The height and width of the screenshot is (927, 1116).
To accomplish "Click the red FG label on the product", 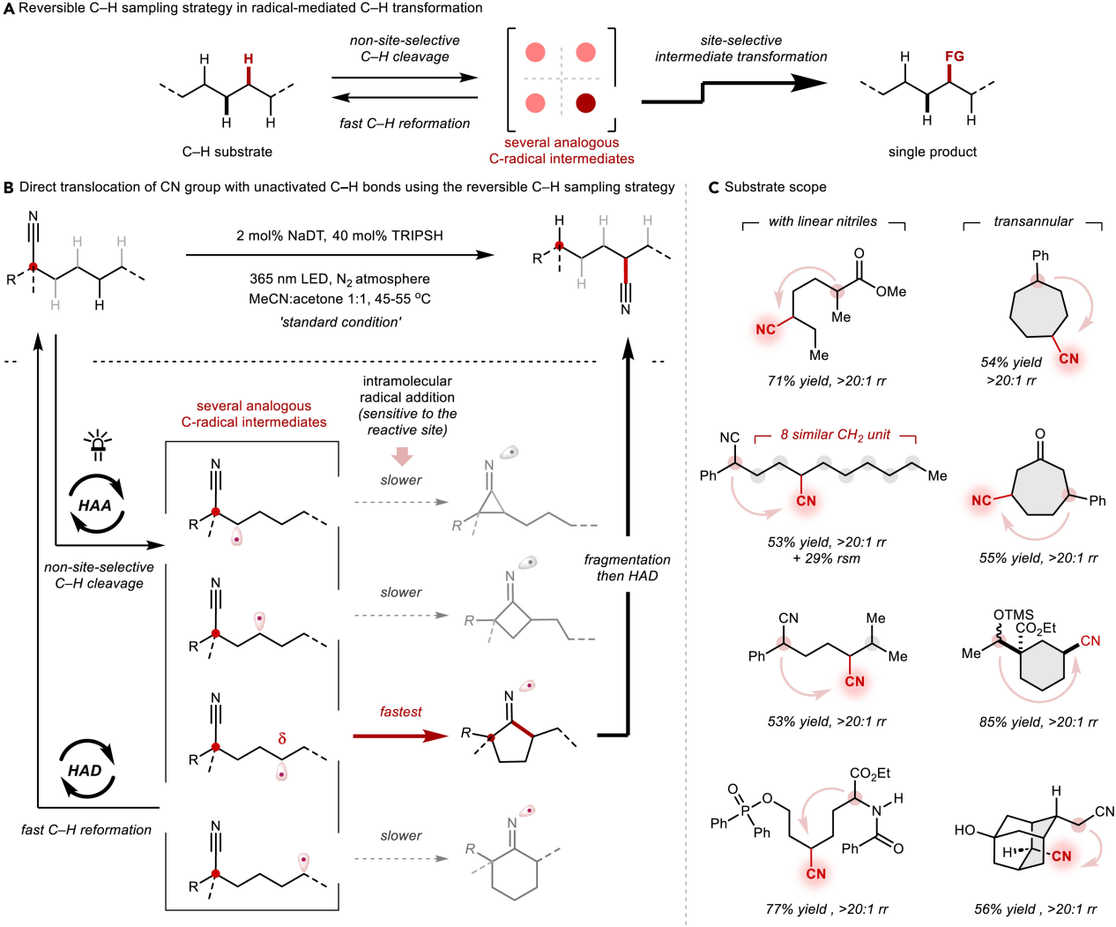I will click(x=955, y=56).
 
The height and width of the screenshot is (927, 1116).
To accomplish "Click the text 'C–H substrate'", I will click(x=227, y=152).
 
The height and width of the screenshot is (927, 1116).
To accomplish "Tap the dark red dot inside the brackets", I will click(x=585, y=103).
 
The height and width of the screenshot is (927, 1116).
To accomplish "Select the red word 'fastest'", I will click(x=400, y=712).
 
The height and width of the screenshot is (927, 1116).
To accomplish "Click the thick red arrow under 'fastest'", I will click(x=401, y=735).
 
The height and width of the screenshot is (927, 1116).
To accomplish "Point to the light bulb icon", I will click(x=97, y=446).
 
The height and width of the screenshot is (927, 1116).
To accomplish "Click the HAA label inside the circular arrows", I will click(x=95, y=505).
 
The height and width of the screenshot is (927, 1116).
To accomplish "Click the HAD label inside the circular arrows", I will click(x=85, y=770).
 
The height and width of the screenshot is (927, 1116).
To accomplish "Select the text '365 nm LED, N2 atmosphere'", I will click(x=339, y=279).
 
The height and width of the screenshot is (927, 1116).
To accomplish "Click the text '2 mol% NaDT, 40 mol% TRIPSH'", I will click(x=339, y=235).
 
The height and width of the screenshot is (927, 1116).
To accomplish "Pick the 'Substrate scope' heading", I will click(x=775, y=187).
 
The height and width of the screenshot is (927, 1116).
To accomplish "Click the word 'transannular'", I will click(x=1033, y=221).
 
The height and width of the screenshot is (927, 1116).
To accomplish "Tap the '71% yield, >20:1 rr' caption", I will click(x=826, y=381).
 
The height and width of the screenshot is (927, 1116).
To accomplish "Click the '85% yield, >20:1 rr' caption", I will click(x=1038, y=721).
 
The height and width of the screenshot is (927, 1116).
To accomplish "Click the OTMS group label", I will click(x=1013, y=615).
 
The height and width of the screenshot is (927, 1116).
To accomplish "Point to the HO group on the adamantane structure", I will click(x=964, y=830).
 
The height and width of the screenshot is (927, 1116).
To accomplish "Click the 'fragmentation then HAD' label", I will click(x=627, y=568).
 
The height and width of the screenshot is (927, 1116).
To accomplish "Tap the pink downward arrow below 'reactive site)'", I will click(x=403, y=455).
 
